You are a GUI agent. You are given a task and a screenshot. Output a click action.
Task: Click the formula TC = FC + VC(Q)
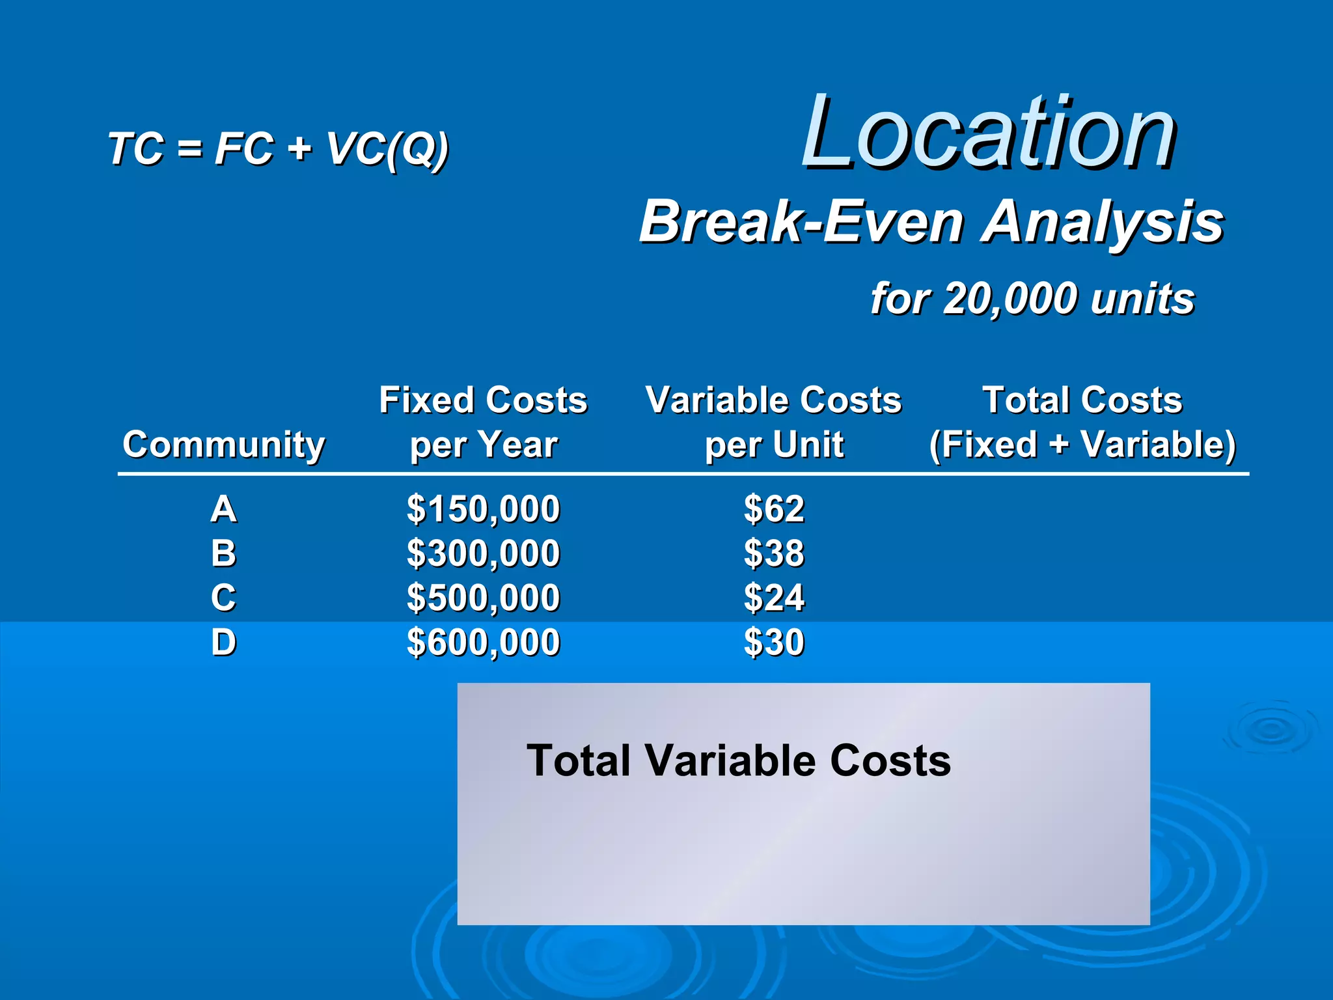279,148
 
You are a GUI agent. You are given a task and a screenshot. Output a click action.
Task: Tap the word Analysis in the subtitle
1103,222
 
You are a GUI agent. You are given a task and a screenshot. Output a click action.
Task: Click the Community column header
223,445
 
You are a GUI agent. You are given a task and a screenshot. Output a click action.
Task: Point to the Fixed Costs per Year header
483,422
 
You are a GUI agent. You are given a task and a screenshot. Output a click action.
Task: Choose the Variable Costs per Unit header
773,422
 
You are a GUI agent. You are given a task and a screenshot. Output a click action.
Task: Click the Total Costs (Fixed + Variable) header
1082,422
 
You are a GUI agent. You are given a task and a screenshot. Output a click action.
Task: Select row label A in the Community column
223,508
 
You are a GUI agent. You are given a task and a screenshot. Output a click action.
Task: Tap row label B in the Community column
223,553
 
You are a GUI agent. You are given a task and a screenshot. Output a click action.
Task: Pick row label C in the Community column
223,598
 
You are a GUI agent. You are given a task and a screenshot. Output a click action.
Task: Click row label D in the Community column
223,643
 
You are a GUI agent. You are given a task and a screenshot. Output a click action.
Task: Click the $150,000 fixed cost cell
483,509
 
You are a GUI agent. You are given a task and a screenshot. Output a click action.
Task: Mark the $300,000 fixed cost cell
483,553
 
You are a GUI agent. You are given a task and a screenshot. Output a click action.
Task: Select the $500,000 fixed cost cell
483,598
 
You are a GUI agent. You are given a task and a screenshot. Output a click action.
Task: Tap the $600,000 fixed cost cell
483,643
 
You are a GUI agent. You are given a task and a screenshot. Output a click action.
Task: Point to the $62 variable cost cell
774,509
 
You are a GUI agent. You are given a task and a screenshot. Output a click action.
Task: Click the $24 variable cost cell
774,598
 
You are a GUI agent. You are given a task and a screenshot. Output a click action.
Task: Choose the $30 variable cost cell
774,643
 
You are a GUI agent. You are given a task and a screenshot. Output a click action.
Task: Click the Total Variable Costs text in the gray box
738,760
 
